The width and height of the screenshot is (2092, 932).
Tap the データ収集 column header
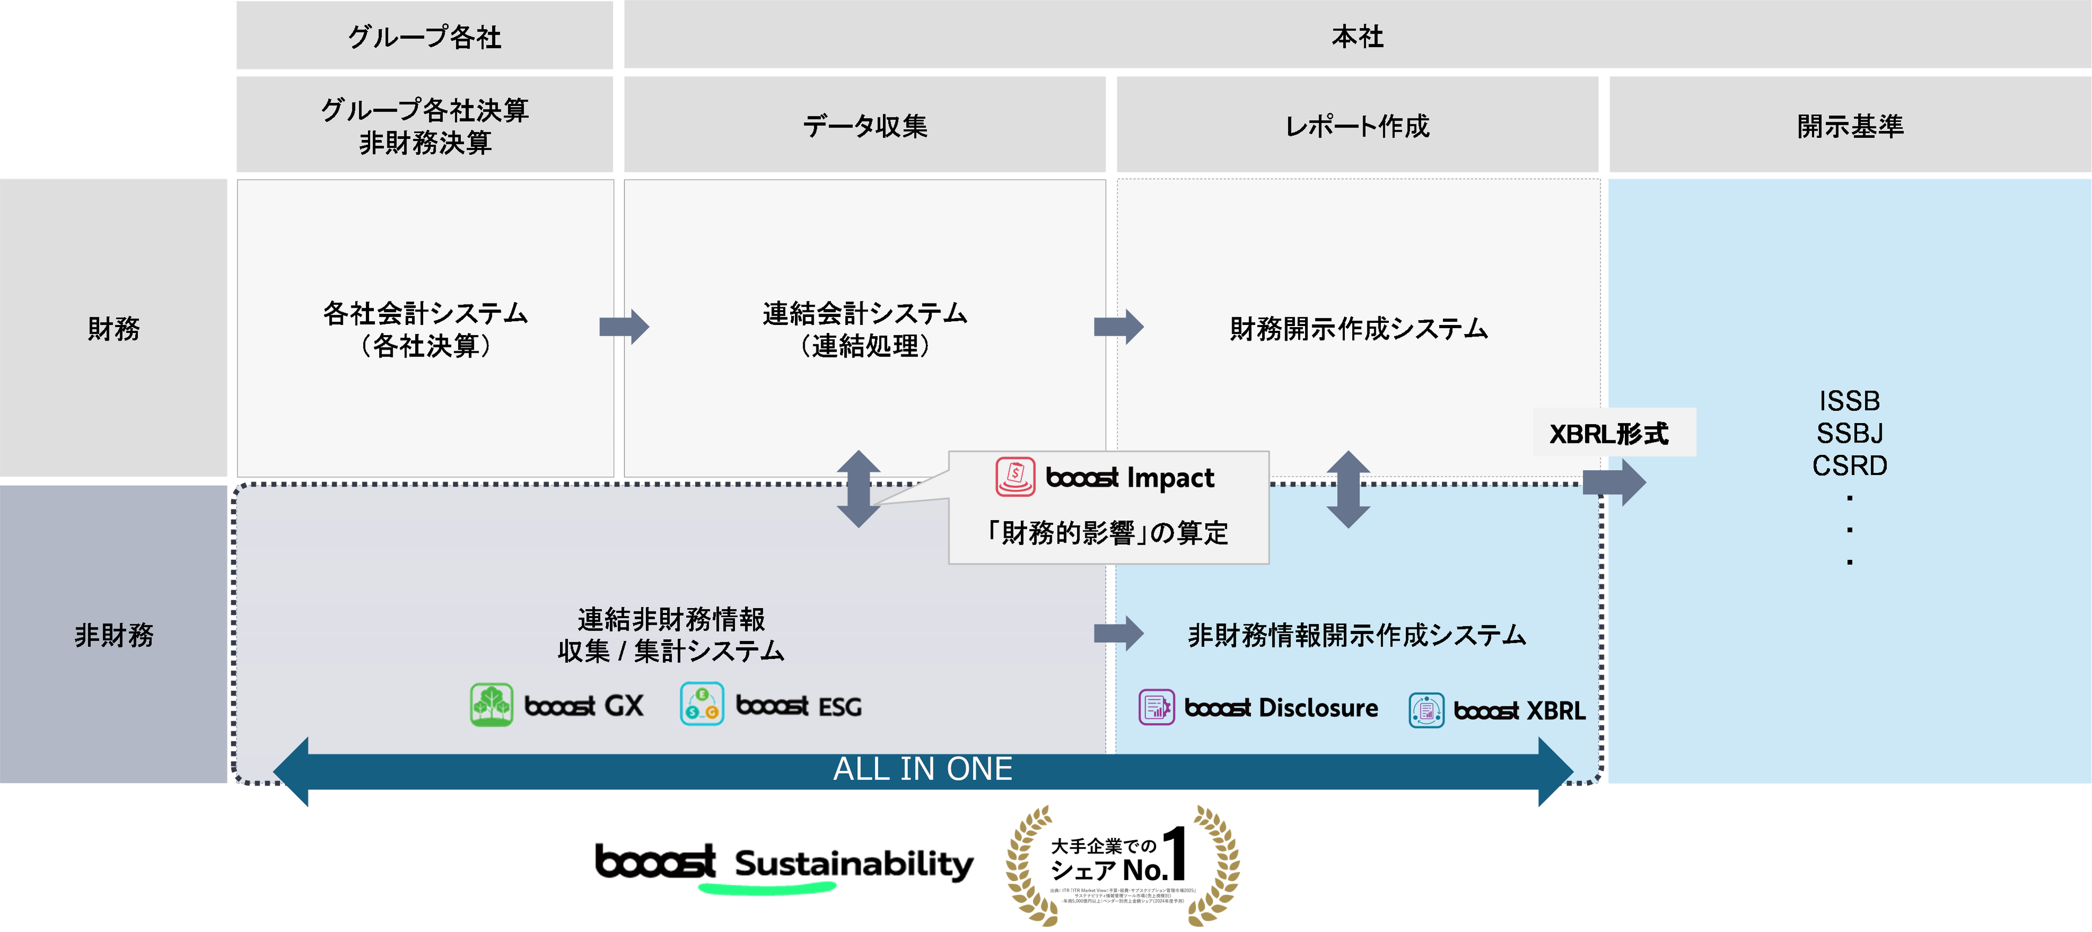tap(864, 126)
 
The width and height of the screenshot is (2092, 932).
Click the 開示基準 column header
tap(1849, 126)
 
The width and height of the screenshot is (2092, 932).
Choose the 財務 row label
tap(114, 329)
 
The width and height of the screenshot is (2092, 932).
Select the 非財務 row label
tap(114, 635)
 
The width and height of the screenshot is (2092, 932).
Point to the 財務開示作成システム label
tap(1358, 329)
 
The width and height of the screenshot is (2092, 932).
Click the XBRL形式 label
tap(1608, 433)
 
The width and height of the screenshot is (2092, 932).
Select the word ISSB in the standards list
tap(1849, 401)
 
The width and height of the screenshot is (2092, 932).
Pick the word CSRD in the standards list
tap(1849, 466)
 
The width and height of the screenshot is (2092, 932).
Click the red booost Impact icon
tap(1015, 477)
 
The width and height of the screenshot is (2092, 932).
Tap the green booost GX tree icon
tap(491, 705)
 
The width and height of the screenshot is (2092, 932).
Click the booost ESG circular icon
tap(702, 705)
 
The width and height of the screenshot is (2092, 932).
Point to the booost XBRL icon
tap(1426, 711)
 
